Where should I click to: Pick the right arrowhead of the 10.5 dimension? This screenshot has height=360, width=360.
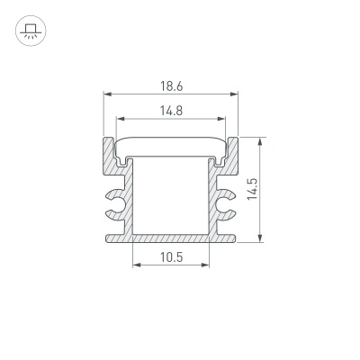click(x=206, y=265)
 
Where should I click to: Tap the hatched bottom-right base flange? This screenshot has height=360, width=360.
click(x=225, y=238)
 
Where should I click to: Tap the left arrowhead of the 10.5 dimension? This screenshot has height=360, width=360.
click(x=136, y=265)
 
